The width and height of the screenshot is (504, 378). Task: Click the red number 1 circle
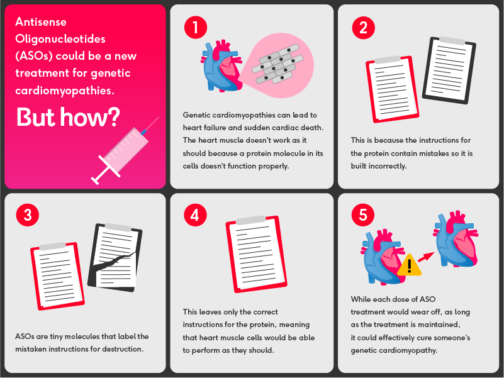[x=196, y=27]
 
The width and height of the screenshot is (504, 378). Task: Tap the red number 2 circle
[x=363, y=27]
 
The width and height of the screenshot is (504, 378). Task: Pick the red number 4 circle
[x=196, y=215]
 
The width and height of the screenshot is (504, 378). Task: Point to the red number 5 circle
[x=363, y=215]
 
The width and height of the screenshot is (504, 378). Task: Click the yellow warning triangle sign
[x=410, y=265]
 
